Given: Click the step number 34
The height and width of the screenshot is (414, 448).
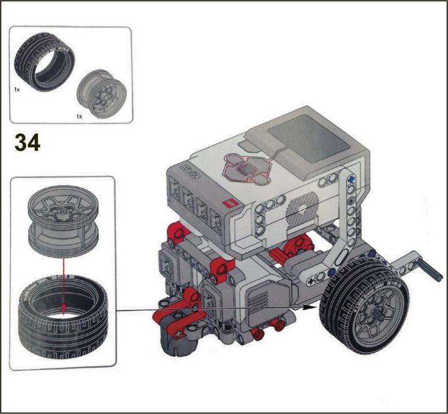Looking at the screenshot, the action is [x=28, y=142].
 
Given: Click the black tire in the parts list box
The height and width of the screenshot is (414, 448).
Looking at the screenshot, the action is [x=44, y=61].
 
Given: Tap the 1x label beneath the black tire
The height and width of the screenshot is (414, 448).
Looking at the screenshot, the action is [x=17, y=90].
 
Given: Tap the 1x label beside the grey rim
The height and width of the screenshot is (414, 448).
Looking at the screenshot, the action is [x=80, y=116].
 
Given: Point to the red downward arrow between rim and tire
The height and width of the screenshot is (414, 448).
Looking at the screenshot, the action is [x=64, y=285].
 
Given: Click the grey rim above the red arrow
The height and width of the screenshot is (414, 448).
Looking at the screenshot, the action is [x=63, y=221].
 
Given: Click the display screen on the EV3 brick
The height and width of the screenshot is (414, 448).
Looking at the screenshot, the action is [x=308, y=139].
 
